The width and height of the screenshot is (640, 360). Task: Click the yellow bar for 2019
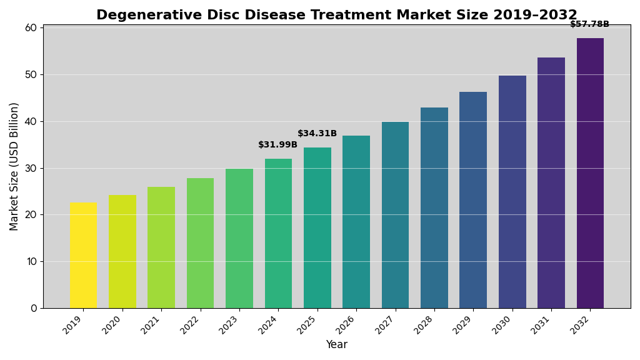(x=83, y=255)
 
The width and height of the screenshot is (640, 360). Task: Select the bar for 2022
(x=200, y=243)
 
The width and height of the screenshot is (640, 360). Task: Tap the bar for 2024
(x=278, y=233)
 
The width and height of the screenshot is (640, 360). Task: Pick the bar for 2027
(x=395, y=215)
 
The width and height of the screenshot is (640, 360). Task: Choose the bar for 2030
(x=512, y=192)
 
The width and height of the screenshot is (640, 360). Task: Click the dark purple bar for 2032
(x=590, y=173)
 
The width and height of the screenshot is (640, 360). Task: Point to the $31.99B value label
(x=278, y=145)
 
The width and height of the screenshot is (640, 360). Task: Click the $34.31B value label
(x=317, y=134)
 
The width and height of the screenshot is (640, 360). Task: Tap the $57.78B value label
(x=589, y=24)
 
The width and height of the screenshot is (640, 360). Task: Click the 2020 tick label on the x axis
(x=112, y=324)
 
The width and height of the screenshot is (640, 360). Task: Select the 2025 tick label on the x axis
(x=307, y=324)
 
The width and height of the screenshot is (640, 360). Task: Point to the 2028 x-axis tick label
(x=424, y=324)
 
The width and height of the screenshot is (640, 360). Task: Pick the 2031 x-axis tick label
(x=541, y=324)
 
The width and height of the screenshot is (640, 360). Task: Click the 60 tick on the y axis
(x=31, y=28)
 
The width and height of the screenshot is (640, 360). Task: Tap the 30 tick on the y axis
(x=31, y=168)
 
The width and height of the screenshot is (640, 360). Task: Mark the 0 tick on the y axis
(x=34, y=308)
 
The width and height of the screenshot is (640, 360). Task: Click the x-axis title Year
(x=336, y=345)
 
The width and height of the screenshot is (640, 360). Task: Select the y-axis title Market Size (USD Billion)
(x=14, y=166)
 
